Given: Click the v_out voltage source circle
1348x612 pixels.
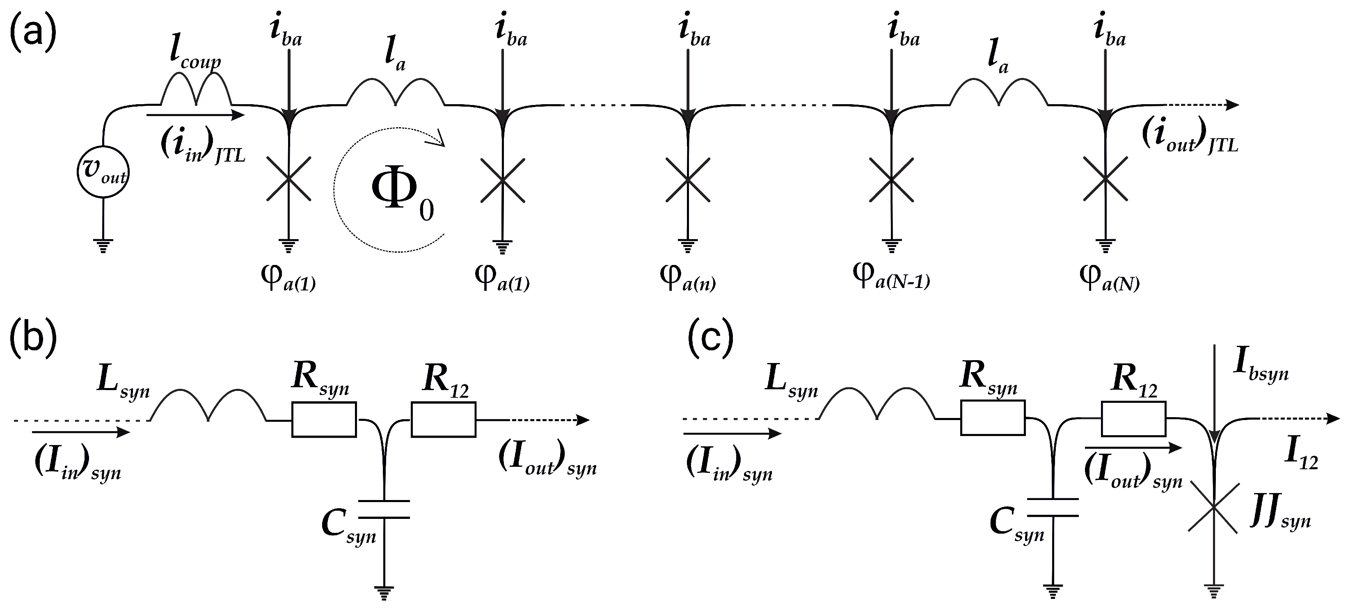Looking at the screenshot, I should pyautogui.click(x=103, y=173).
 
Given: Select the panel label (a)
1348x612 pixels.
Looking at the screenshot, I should pyautogui.click(x=32, y=32).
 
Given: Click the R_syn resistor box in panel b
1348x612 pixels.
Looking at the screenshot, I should pyautogui.click(x=324, y=419).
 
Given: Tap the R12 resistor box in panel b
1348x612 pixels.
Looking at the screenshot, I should pyautogui.click(x=443, y=419).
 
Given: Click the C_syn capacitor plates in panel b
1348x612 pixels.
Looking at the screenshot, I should pyautogui.click(x=384, y=509).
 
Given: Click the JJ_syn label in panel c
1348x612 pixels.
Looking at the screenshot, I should pyautogui.click(x=1280, y=515).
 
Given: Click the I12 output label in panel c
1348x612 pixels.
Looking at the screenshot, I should pyautogui.click(x=1301, y=456).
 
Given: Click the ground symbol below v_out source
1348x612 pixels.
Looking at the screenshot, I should pyautogui.click(x=103, y=245).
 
